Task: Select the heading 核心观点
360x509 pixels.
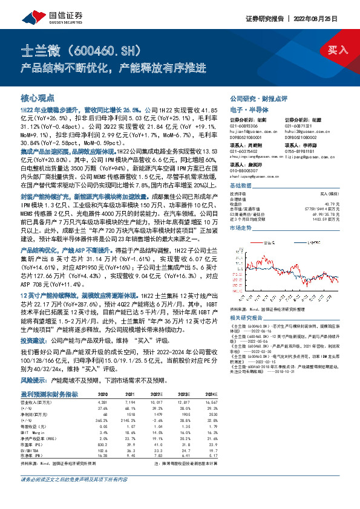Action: pos(38,97)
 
